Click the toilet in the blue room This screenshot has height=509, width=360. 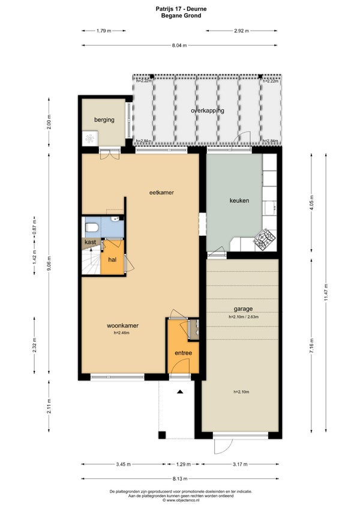(91, 227)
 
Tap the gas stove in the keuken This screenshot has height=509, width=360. (264, 239)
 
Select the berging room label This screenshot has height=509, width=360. (104, 120)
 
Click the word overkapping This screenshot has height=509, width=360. (208, 110)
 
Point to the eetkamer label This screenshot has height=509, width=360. (161, 193)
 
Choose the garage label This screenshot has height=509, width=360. (243, 309)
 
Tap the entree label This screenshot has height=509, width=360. (184, 353)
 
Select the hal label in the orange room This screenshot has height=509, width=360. (112, 260)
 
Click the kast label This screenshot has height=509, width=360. (90, 242)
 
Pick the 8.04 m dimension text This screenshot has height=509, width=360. (179, 46)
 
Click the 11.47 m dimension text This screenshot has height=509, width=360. (326, 293)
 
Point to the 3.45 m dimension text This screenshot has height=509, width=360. (124, 464)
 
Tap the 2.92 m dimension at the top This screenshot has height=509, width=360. (241, 31)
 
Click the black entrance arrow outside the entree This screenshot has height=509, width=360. (180, 392)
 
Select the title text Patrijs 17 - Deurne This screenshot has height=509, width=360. (181, 9)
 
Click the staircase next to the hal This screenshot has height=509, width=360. (91, 260)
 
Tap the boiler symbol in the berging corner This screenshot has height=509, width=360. (89, 139)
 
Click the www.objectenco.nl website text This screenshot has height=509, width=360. (181, 500)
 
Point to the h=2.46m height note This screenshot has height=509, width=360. (121, 333)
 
